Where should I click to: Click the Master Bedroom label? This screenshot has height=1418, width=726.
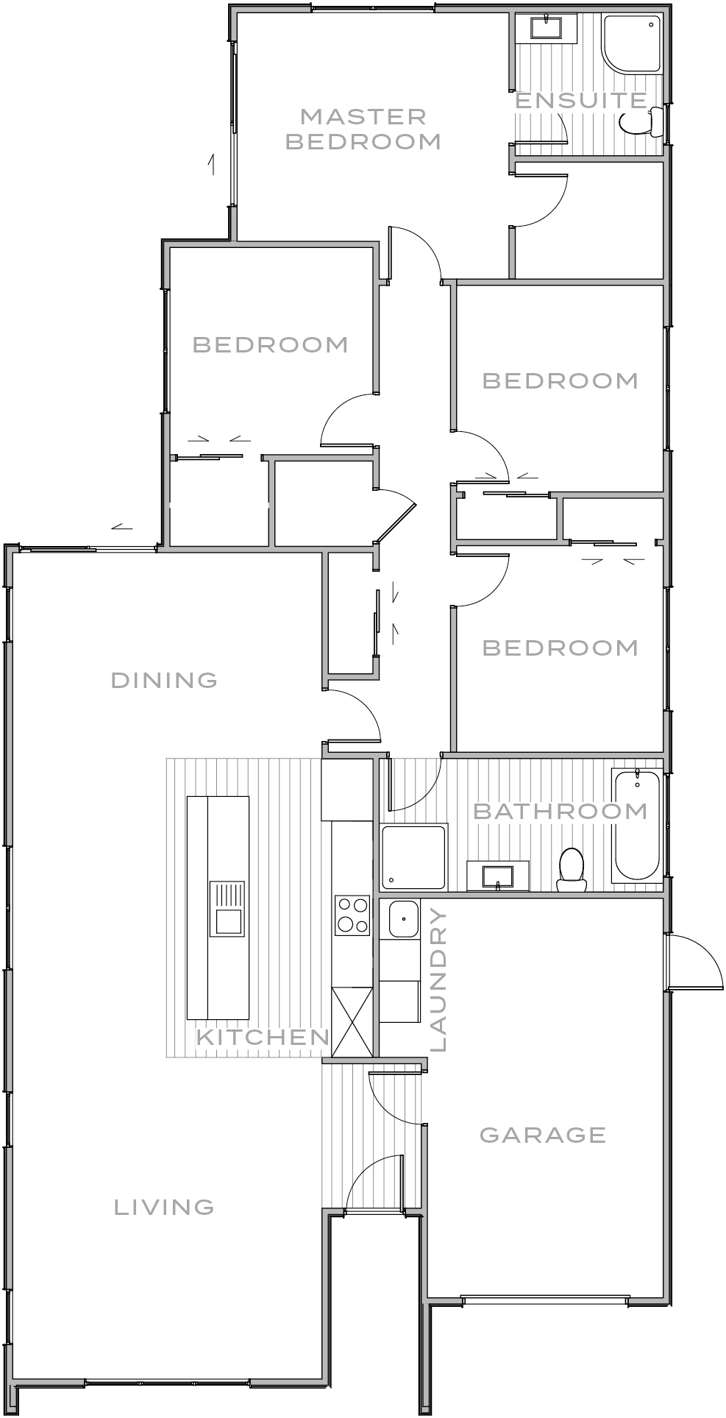[363, 129]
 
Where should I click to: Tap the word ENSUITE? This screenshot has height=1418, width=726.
[580, 101]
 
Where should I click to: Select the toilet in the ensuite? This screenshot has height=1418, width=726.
[639, 122]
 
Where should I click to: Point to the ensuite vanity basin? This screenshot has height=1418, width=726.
[546, 28]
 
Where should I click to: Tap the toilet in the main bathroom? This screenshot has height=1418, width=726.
[571, 868]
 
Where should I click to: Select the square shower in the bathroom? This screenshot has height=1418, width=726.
[413, 857]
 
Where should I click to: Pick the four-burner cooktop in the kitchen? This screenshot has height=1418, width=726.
[352, 915]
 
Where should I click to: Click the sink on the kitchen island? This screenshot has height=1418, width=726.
[228, 921]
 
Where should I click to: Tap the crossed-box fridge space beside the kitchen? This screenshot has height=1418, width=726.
[352, 1022]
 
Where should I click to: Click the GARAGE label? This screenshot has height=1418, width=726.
[543, 1135]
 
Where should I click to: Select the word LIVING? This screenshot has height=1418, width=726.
[165, 1208]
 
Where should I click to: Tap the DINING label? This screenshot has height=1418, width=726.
[165, 680]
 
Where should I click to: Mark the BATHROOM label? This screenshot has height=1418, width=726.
[560, 811]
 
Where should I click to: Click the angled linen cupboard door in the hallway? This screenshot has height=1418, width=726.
[396, 520]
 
